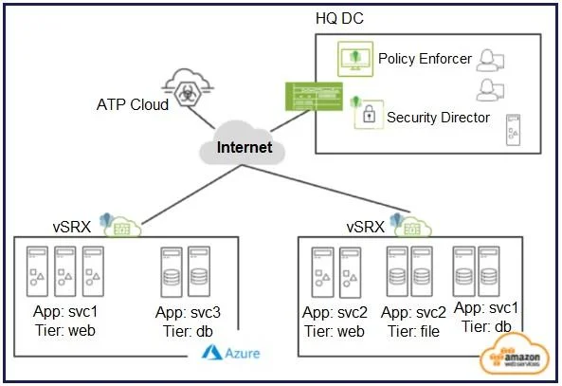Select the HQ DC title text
tap(339, 18)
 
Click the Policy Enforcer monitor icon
tap(355, 59)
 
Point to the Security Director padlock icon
tap(369, 114)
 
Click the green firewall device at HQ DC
tap(314, 97)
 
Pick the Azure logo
tap(231, 353)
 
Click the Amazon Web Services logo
tap(515, 355)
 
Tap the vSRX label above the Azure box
tap(72, 227)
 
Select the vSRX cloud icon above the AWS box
tap(412, 227)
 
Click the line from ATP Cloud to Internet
tap(201, 117)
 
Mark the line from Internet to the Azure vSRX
tap(191, 194)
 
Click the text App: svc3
tap(188, 312)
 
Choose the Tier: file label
tap(413, 331)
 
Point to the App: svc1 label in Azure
tap(65, 311)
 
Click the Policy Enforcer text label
tap(425, 59)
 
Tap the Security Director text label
tap(438, 118)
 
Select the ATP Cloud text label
tap(133, 104)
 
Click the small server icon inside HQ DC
tap(513, 130)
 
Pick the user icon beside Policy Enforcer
tap(490, 61)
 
